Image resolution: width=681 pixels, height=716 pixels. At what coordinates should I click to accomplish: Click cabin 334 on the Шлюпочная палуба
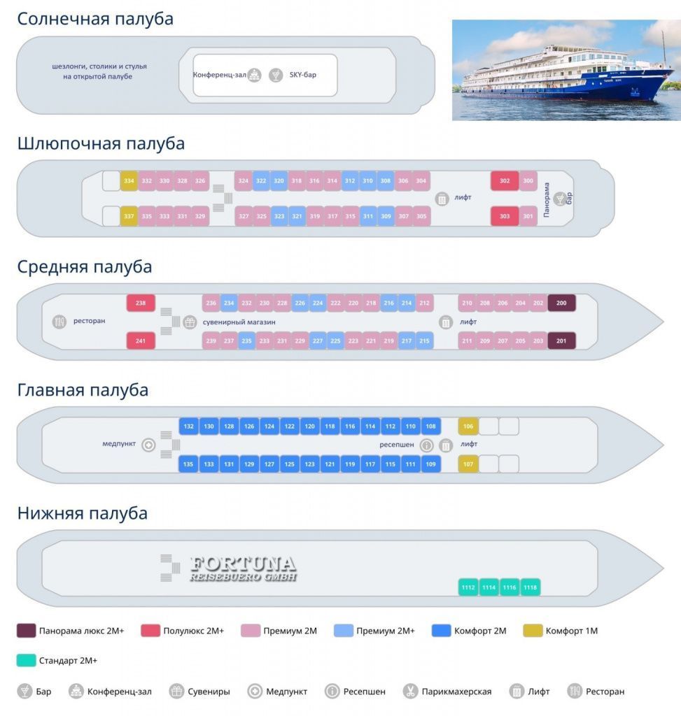(129, 181)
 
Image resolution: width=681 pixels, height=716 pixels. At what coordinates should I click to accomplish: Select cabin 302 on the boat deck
(505, 181)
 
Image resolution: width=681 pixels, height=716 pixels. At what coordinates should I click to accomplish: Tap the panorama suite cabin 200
(561, 303)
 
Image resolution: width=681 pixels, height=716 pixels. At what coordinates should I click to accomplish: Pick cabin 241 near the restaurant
(141, 341)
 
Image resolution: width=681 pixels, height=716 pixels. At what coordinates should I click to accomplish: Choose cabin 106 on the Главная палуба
(468, 427)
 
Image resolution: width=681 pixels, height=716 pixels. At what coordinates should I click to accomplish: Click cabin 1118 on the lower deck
(530, 587)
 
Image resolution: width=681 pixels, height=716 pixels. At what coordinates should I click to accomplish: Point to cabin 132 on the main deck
(188, 427)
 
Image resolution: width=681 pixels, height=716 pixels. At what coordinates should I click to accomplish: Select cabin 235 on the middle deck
(246, 341)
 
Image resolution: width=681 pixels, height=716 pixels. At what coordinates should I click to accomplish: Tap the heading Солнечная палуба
(95, 20)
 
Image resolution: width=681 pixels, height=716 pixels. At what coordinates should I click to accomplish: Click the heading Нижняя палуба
(83, 513)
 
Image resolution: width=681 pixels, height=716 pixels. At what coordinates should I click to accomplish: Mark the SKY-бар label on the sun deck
(302, 75)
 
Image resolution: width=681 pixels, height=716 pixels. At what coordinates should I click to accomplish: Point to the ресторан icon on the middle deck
(60, 322)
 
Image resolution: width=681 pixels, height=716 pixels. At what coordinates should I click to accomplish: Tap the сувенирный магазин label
(239, 322)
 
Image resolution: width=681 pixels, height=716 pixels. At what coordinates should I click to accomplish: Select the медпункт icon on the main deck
(148, 445)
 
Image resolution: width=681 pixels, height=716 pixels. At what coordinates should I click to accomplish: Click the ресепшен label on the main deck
(397, 445)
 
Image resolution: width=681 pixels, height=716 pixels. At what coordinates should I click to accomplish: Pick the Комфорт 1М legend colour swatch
(533, 631)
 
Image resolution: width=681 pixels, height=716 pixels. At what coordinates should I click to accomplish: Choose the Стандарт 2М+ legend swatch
(26, 660)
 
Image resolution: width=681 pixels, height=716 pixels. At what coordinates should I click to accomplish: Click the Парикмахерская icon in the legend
(410, 692)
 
